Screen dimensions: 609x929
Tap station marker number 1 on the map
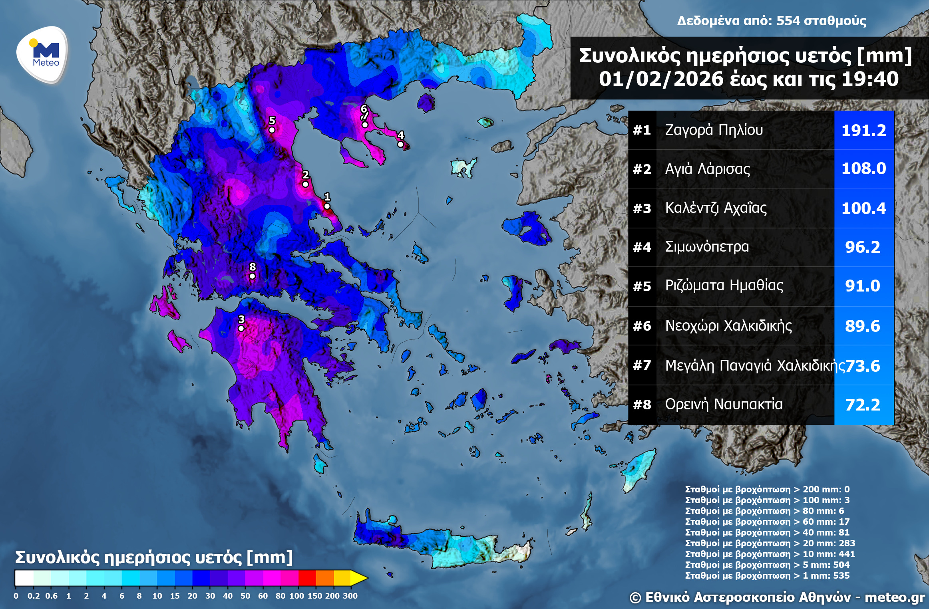tap(327, 206)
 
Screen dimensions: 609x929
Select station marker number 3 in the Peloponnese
tap(241, 328)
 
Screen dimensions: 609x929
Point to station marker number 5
tap(272, 130)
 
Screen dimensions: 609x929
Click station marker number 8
tap(252, 276)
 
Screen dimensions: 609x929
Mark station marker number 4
tap(400, 144)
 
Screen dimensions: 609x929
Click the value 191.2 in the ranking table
tap(863, 130)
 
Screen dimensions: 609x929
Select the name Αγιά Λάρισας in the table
tap(707, 169)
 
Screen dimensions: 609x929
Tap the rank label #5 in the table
tap(642, 286)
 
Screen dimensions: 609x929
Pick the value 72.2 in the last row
tap(863, 405)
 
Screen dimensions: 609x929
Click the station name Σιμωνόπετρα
tap(707, 247)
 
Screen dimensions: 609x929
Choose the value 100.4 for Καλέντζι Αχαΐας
tap(863, 208)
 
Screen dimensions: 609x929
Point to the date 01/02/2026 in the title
tap(661, 79)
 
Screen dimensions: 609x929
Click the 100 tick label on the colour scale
tap(296, 596)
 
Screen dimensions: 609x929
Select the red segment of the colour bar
tap(307, 578)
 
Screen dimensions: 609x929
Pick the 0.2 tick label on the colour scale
tap(34, 596)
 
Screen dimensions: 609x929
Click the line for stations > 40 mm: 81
tap(767, 532)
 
